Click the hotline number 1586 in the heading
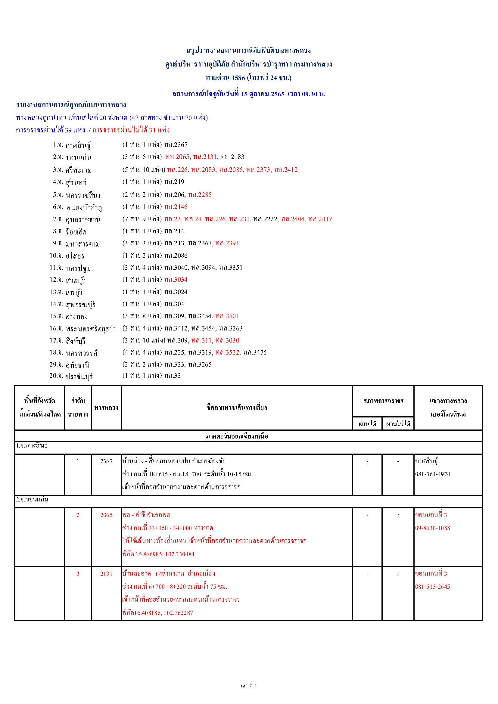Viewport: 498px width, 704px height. click(x=238, y=78)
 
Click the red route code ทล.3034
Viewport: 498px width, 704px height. click(x=176, y=280)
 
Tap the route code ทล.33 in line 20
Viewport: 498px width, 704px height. click(x=172, y=376)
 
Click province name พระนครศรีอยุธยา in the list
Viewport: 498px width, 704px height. click(x=91, y=329)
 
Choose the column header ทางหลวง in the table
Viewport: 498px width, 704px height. click(x=106, y=408)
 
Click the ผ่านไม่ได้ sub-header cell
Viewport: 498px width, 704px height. click(x=398, y=424)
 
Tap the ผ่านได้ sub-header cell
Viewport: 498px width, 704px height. click(x=367, y=424)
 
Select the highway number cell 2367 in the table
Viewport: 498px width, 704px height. click(x=106, y=461)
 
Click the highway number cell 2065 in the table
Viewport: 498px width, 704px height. click(x=106, y=515)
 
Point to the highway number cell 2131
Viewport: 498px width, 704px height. click(x=106, y=574)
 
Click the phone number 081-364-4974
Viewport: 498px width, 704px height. click(x=433, y=474)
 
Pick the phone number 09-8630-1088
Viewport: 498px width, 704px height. click(x=433, y=528)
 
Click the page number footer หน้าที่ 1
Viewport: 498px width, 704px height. click(x=249, y=686)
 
